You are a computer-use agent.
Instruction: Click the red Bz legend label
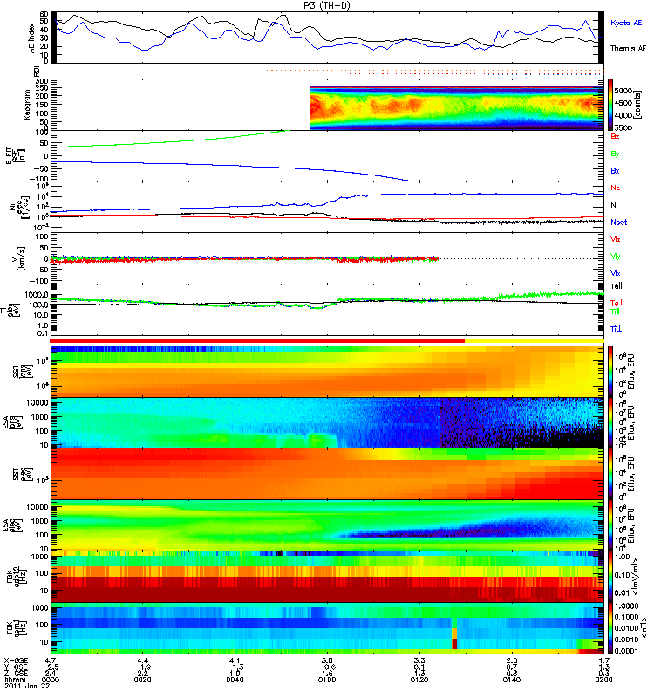coord(616,136)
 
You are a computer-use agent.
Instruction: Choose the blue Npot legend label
coord(618,222)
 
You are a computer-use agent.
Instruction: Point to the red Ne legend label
coord(616,188)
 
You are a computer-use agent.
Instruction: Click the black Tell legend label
coord(617,285)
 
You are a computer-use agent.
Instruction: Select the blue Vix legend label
coord(616,273)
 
